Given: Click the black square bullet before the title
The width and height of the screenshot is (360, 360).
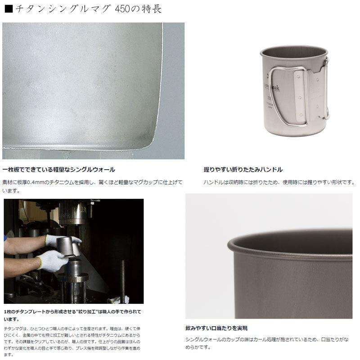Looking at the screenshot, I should coord(8,9).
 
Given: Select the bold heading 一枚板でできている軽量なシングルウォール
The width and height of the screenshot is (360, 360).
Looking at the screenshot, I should coord(58,170).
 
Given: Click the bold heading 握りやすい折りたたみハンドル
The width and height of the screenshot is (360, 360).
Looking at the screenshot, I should coord(243,170).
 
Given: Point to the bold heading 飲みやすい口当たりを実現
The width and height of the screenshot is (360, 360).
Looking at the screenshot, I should coord(216,328).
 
